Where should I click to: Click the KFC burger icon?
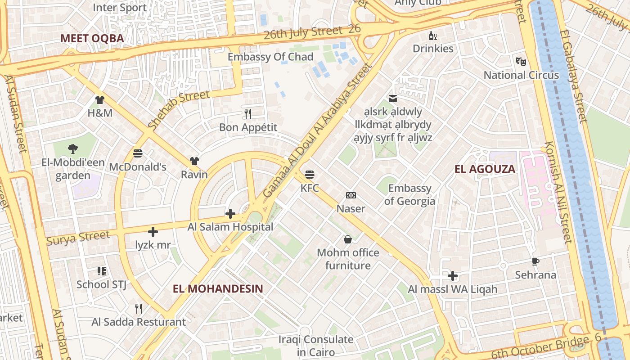309,174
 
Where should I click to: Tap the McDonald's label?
138,167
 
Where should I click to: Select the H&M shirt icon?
100,100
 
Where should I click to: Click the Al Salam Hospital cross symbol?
230,214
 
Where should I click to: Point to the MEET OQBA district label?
92,38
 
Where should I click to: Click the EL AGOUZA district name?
485,169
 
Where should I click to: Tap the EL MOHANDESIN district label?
218,288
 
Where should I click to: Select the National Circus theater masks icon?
521,61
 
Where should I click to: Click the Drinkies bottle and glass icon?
433,36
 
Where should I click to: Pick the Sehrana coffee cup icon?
535,261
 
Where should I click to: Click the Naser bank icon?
351,195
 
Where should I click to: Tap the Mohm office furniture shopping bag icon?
348,239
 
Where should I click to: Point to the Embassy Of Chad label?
270,57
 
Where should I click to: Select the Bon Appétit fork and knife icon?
247,113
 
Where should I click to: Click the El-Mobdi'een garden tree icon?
73,149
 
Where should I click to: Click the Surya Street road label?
78,237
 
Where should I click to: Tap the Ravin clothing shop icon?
194,161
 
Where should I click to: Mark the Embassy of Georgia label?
409,194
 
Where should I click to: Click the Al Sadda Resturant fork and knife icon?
139,309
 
